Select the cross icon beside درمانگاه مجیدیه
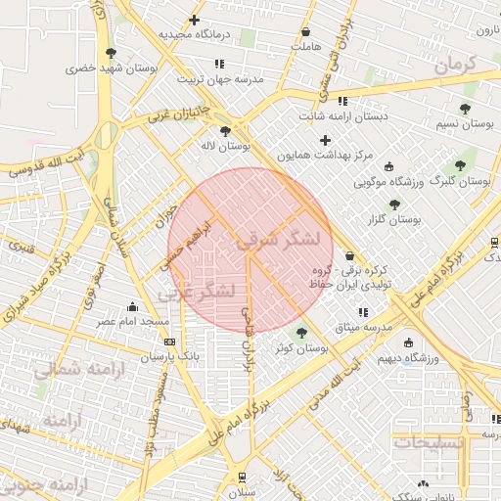tap(195, 20)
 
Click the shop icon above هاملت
tap(306, 31)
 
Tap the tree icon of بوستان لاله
tap(226, 130)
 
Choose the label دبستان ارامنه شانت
tap(343, 116)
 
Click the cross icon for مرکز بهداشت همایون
tap(326, 140)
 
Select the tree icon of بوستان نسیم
tap(464, 109)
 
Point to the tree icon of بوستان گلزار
tap(394, 205)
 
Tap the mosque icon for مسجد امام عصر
tap(133, 306)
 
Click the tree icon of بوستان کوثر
tap(300, 333)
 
